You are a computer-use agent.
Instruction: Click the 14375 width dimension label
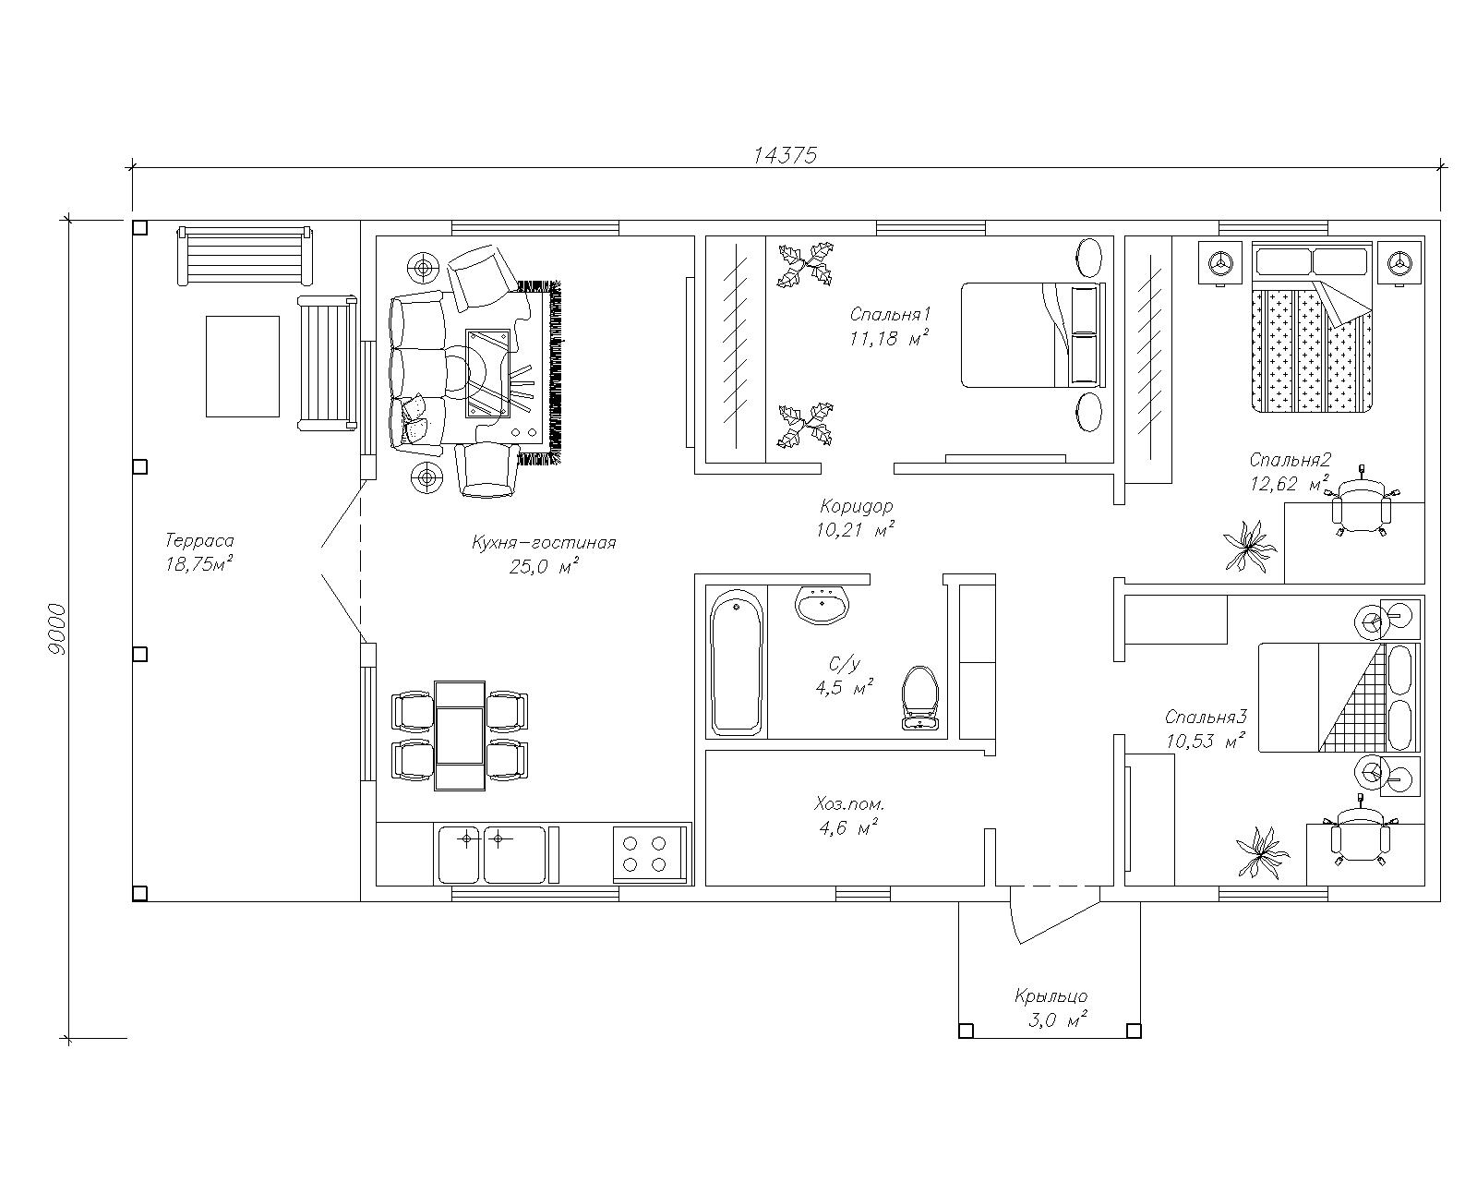click(786, 155)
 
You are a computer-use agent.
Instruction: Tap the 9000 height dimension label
click(57, 629)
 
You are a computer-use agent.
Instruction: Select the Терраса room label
click(199, 540)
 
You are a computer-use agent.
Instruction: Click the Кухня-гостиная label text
click(544, 543)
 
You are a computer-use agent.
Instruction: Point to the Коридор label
click(857, 506)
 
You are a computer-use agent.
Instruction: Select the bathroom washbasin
click(823, 605)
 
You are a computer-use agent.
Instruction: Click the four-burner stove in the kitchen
click(649, 853)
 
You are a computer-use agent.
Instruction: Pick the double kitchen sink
click(492, 854)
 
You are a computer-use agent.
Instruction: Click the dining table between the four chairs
click(460, 736)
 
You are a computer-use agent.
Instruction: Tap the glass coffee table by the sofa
click(488, 373)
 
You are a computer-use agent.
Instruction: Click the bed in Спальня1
click(1034, 334)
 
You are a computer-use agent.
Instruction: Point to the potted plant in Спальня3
click(1262, 852)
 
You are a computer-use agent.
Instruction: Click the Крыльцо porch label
click(1051, 995)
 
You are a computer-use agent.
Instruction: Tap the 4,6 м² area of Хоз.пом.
click(848, 828)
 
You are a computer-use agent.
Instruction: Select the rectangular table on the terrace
click(243, 366)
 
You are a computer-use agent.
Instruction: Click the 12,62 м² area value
click(1289, 483)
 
